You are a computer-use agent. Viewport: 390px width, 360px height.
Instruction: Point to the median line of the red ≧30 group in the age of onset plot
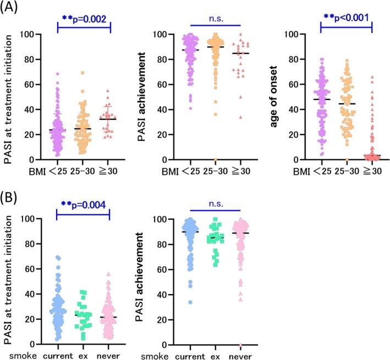point(372,156)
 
